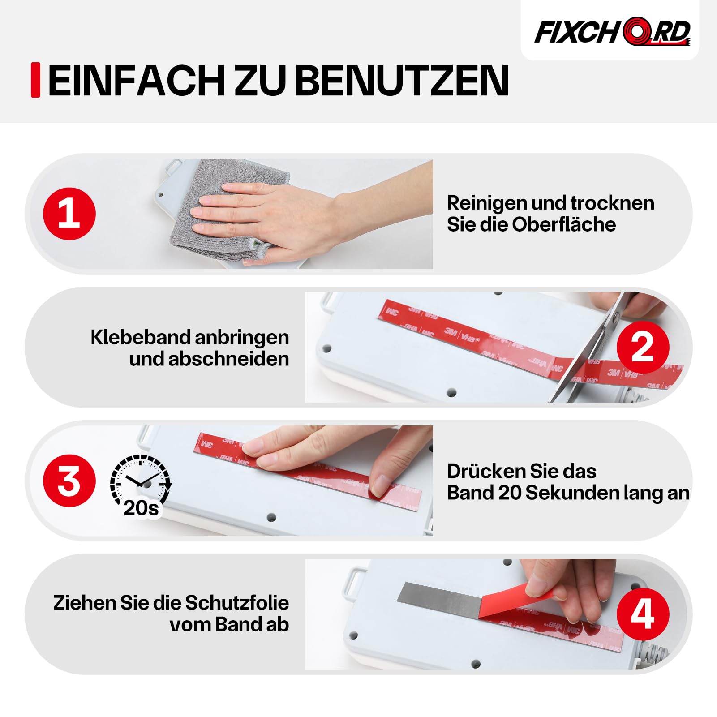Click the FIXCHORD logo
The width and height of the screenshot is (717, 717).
(x=613, y=32)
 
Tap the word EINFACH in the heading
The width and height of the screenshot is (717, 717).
(x=137, y=81)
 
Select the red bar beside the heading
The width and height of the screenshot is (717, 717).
(x=35, y=80)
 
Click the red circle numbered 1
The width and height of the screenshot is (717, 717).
(x=69, y=214)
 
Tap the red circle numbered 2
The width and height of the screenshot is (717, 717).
(x=643, y=347)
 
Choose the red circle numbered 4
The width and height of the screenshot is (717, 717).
(x=643, y=614)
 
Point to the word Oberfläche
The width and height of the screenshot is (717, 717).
(x=564, y=224)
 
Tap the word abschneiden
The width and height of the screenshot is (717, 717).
(x=228, y=359)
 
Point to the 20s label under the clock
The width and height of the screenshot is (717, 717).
(x=141, y=508)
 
